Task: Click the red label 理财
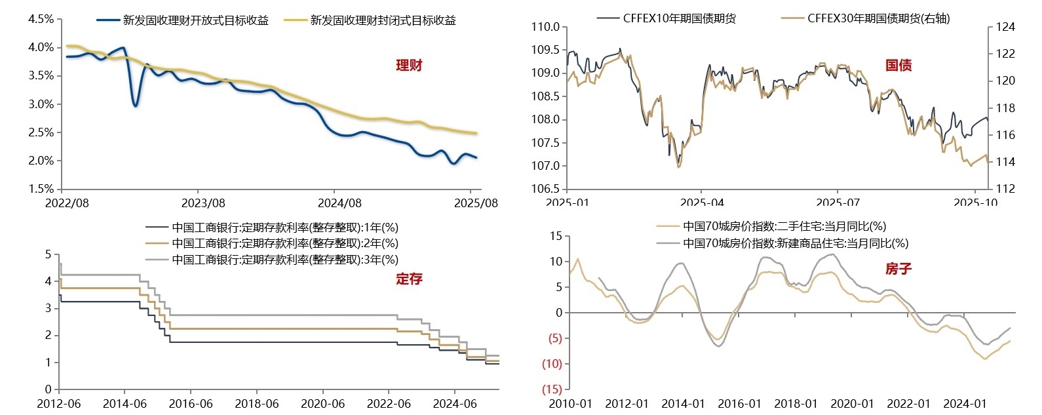coord(409,66)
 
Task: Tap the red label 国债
coord(898,66)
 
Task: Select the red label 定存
coord(409,279)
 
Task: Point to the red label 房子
coord(898,269)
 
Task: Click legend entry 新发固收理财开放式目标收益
coord(195,20)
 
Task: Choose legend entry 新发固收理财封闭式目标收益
coord(383,20)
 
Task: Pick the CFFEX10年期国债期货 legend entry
coord(679,18)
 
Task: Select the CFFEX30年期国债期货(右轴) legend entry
coord(878,18)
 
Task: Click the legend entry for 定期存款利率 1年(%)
coord(285,227)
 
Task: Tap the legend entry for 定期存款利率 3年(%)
coord(285,260)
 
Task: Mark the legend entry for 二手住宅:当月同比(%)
coord(784,226)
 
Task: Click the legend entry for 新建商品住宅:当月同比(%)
coord(795,243)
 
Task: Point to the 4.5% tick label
coord(41,20)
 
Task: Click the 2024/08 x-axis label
coord(339,203)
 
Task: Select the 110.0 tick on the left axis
coord(546,27)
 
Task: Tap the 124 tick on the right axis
coord(1005,27)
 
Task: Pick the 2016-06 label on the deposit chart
coord(191,404)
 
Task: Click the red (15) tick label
coord(552,389)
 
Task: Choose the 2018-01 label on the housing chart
coord(796,404)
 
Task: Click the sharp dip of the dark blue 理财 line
coord(135,105)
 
